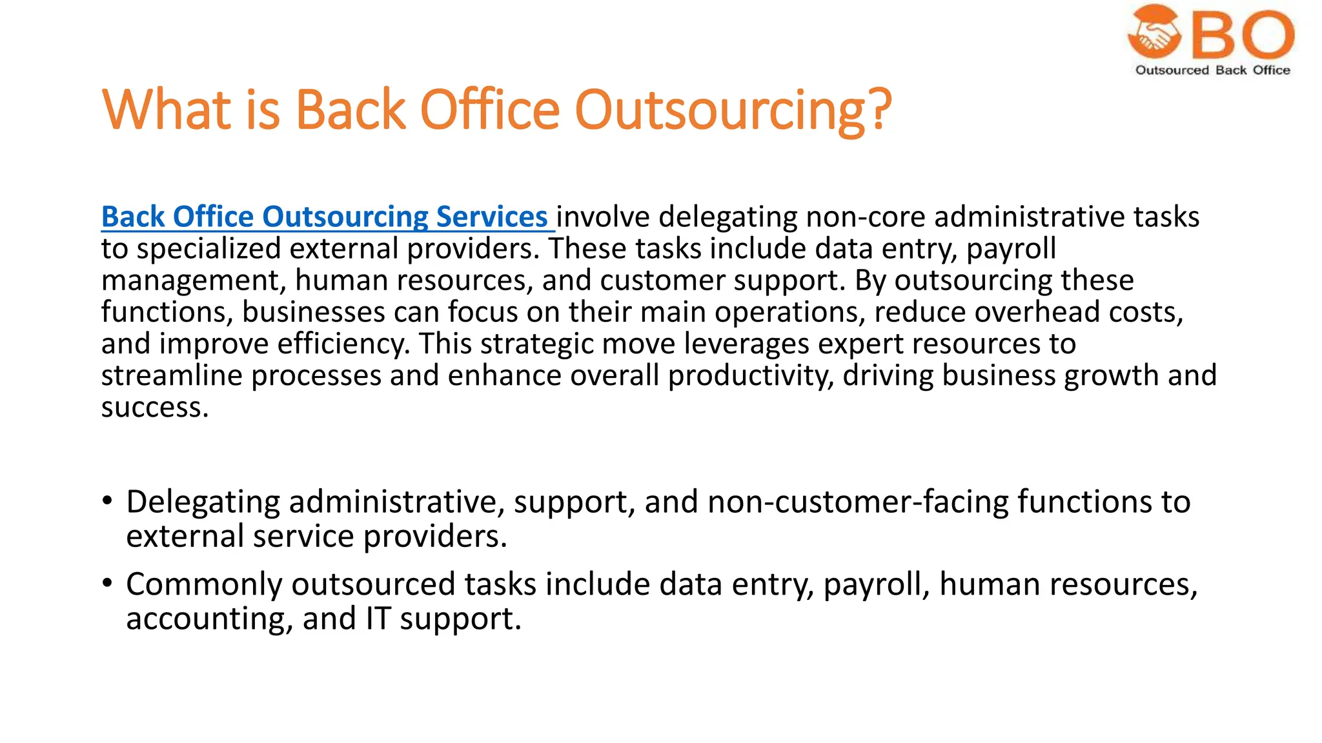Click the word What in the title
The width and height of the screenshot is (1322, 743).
click(x=166, y=110)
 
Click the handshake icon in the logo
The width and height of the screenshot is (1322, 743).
click(x=1154, y=32)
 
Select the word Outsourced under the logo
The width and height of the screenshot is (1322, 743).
click(x=1172, y=70)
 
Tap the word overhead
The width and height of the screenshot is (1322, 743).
click(x=1037, y=312)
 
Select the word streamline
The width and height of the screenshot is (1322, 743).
click(x=171, y=375)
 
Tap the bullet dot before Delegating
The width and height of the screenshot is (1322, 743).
click(x=107, y=500)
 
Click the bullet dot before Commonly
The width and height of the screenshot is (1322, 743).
click(x=107, y=583)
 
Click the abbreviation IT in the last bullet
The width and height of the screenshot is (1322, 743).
click(x=378, y=619)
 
